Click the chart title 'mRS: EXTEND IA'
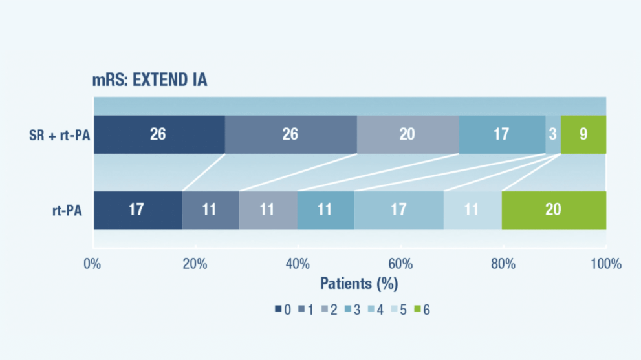[x=150, y=81]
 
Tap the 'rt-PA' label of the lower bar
[x=67, y=210]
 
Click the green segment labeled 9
[x=583, y=134]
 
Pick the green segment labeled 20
[x=554, y=210]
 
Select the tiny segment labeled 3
[x=553, y=134]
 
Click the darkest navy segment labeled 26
[x=158, y=134]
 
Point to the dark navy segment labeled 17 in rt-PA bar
[x=137, y=210]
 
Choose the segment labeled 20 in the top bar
[x=407, y=134]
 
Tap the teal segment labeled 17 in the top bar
[x=501, y=134]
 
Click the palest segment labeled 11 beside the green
[x=472, y=210]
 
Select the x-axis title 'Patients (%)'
[x=359, y=283]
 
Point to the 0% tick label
[x=93, y=264]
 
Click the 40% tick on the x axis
[x=298, y=264]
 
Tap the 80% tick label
[x=503, y=264]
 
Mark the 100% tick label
[x=606, y=264]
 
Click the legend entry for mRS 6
[x=422, y=310]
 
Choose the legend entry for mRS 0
[x=283, y=310]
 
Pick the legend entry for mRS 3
[x=353, y=310]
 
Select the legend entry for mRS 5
[x=399, y=310]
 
